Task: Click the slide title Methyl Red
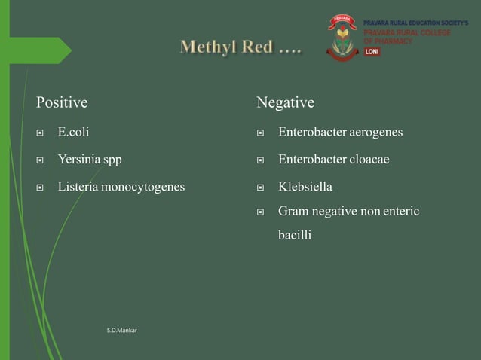(240, 49)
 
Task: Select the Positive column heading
(62, 102)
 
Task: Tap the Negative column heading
(285, 102)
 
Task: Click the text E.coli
(73, 133)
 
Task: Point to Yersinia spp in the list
(90, 160)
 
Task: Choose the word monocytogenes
(144, 187)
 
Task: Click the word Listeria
(79, 186)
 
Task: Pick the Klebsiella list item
(305, 186)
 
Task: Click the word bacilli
(295, 235)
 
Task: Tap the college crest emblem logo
(342, 38)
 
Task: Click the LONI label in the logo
(372, 52)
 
